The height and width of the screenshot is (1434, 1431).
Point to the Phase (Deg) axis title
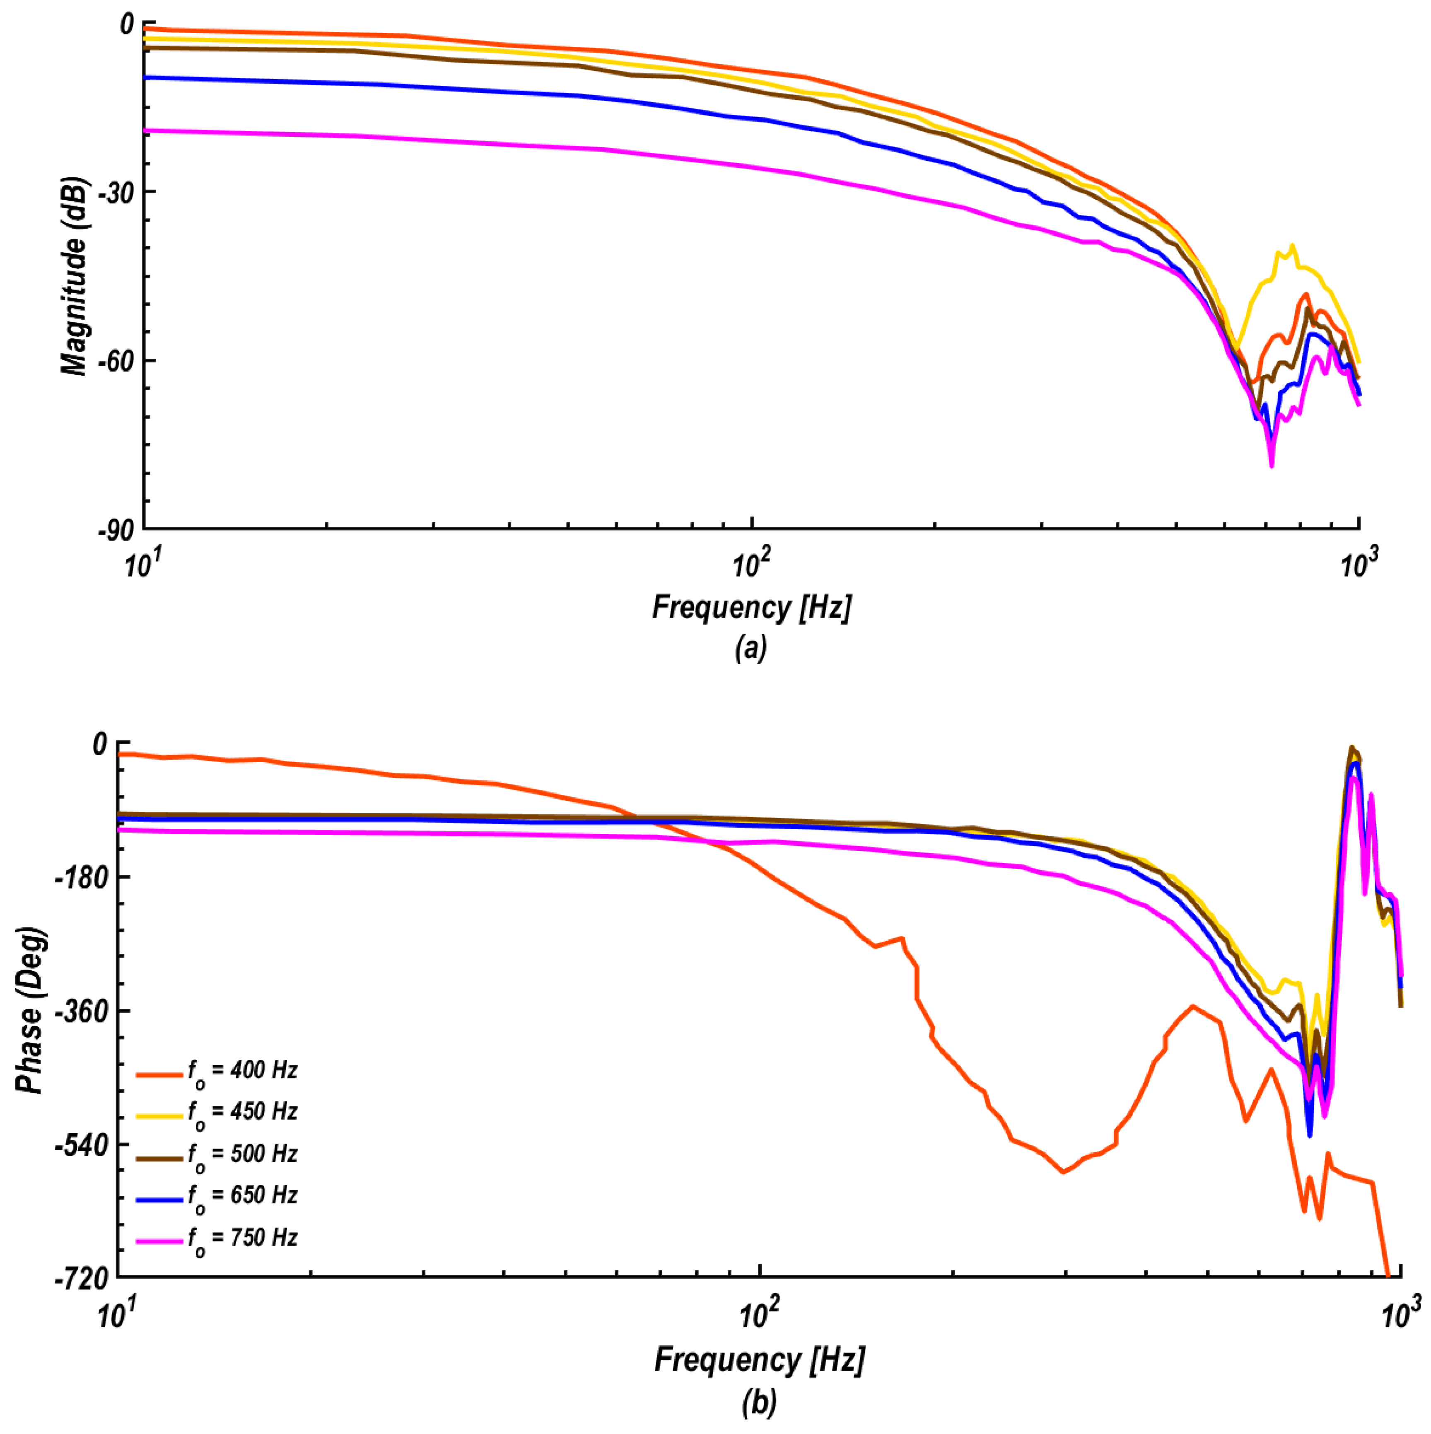pyautogui.click(x=31, y=1009)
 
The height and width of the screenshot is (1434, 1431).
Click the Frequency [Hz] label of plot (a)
pyautogui.click(x=751, y=607)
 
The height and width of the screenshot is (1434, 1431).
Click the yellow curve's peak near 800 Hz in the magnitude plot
pyautogui.click(x=1292, y=245)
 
